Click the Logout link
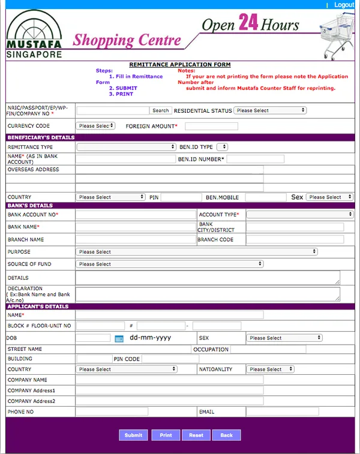pyautogui.click(x=344, y=5)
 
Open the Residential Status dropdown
pyautogui.click(x=270, y=110)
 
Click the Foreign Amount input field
pyautogui.click(x=211, y=127)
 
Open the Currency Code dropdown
pyautogui.click(x=95, y=126)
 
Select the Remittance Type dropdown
pyautogui.click(x=126, y=147)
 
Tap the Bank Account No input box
pyautogui.click(x=136, y=214)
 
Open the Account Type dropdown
pyautogui.click(x=300, y=214)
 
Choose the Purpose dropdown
pyautogui.click(x=197, y=252)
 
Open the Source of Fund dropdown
pyautogui.click(x=170, y=264)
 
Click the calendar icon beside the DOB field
pyautogui.click(x=119, y=338)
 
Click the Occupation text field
pyautogui.click(x=268, y=349)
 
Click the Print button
pyautogui.click(x=166, y=435)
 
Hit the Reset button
pyautogui.click(x=196, y=435)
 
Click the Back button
pyautogui.click(x=226, y=435)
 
